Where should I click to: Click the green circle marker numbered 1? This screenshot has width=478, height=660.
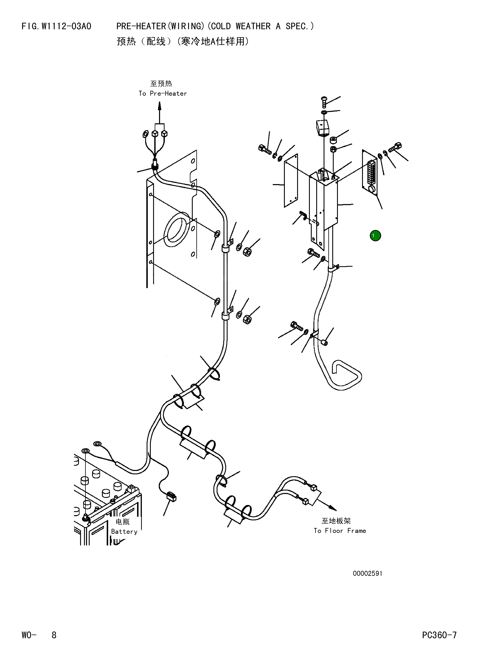click(x=375, y=235)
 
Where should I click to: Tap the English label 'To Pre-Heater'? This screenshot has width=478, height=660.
click(x=163, y=93)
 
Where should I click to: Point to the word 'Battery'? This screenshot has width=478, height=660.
click(x=124, y=531)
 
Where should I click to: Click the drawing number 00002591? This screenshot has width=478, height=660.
click(x=368, y=573)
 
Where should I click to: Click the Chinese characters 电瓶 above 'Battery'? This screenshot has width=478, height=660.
click(x=122, y=521)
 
